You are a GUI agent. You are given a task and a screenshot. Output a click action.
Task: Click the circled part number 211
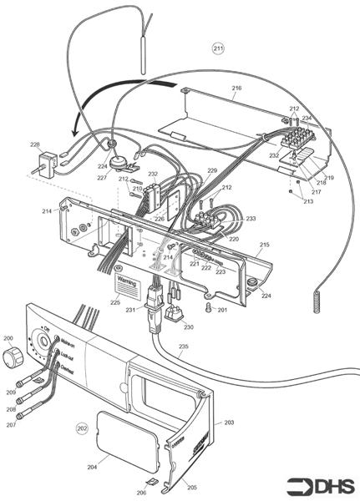pyautogui.click(x=219, y=48)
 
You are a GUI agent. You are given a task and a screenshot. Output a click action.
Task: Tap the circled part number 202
pyautogui.click(x=82, y=428)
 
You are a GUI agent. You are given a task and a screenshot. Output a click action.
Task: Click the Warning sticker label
pyautogui.click(x=126, y=284)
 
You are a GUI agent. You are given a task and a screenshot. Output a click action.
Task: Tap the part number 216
pyautogui.click(x=236, y=88)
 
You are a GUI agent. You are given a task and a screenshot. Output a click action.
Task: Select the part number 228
pyautogui.click(x=35, y=144)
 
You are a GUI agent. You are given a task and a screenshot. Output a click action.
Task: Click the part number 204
pyautogui.click(x=92, y=467)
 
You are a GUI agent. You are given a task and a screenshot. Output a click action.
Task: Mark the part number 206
pyautogui.click(x=142, y=493)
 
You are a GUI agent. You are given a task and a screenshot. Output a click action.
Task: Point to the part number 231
pyautogui.click(x=130, y=311)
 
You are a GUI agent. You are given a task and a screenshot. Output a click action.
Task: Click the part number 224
pyautogui.click(x=266, y=296)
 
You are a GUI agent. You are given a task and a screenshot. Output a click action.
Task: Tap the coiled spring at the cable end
pyautogui.click(x=317, y=300)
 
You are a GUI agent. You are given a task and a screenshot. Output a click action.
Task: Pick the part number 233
pyautogui.click(x=251, y=219)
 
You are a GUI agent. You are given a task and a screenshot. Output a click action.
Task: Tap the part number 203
pyautogui.click(x=229, y=423)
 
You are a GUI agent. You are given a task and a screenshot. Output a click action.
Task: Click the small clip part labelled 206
pyautogui.click(x=150, y=482)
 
